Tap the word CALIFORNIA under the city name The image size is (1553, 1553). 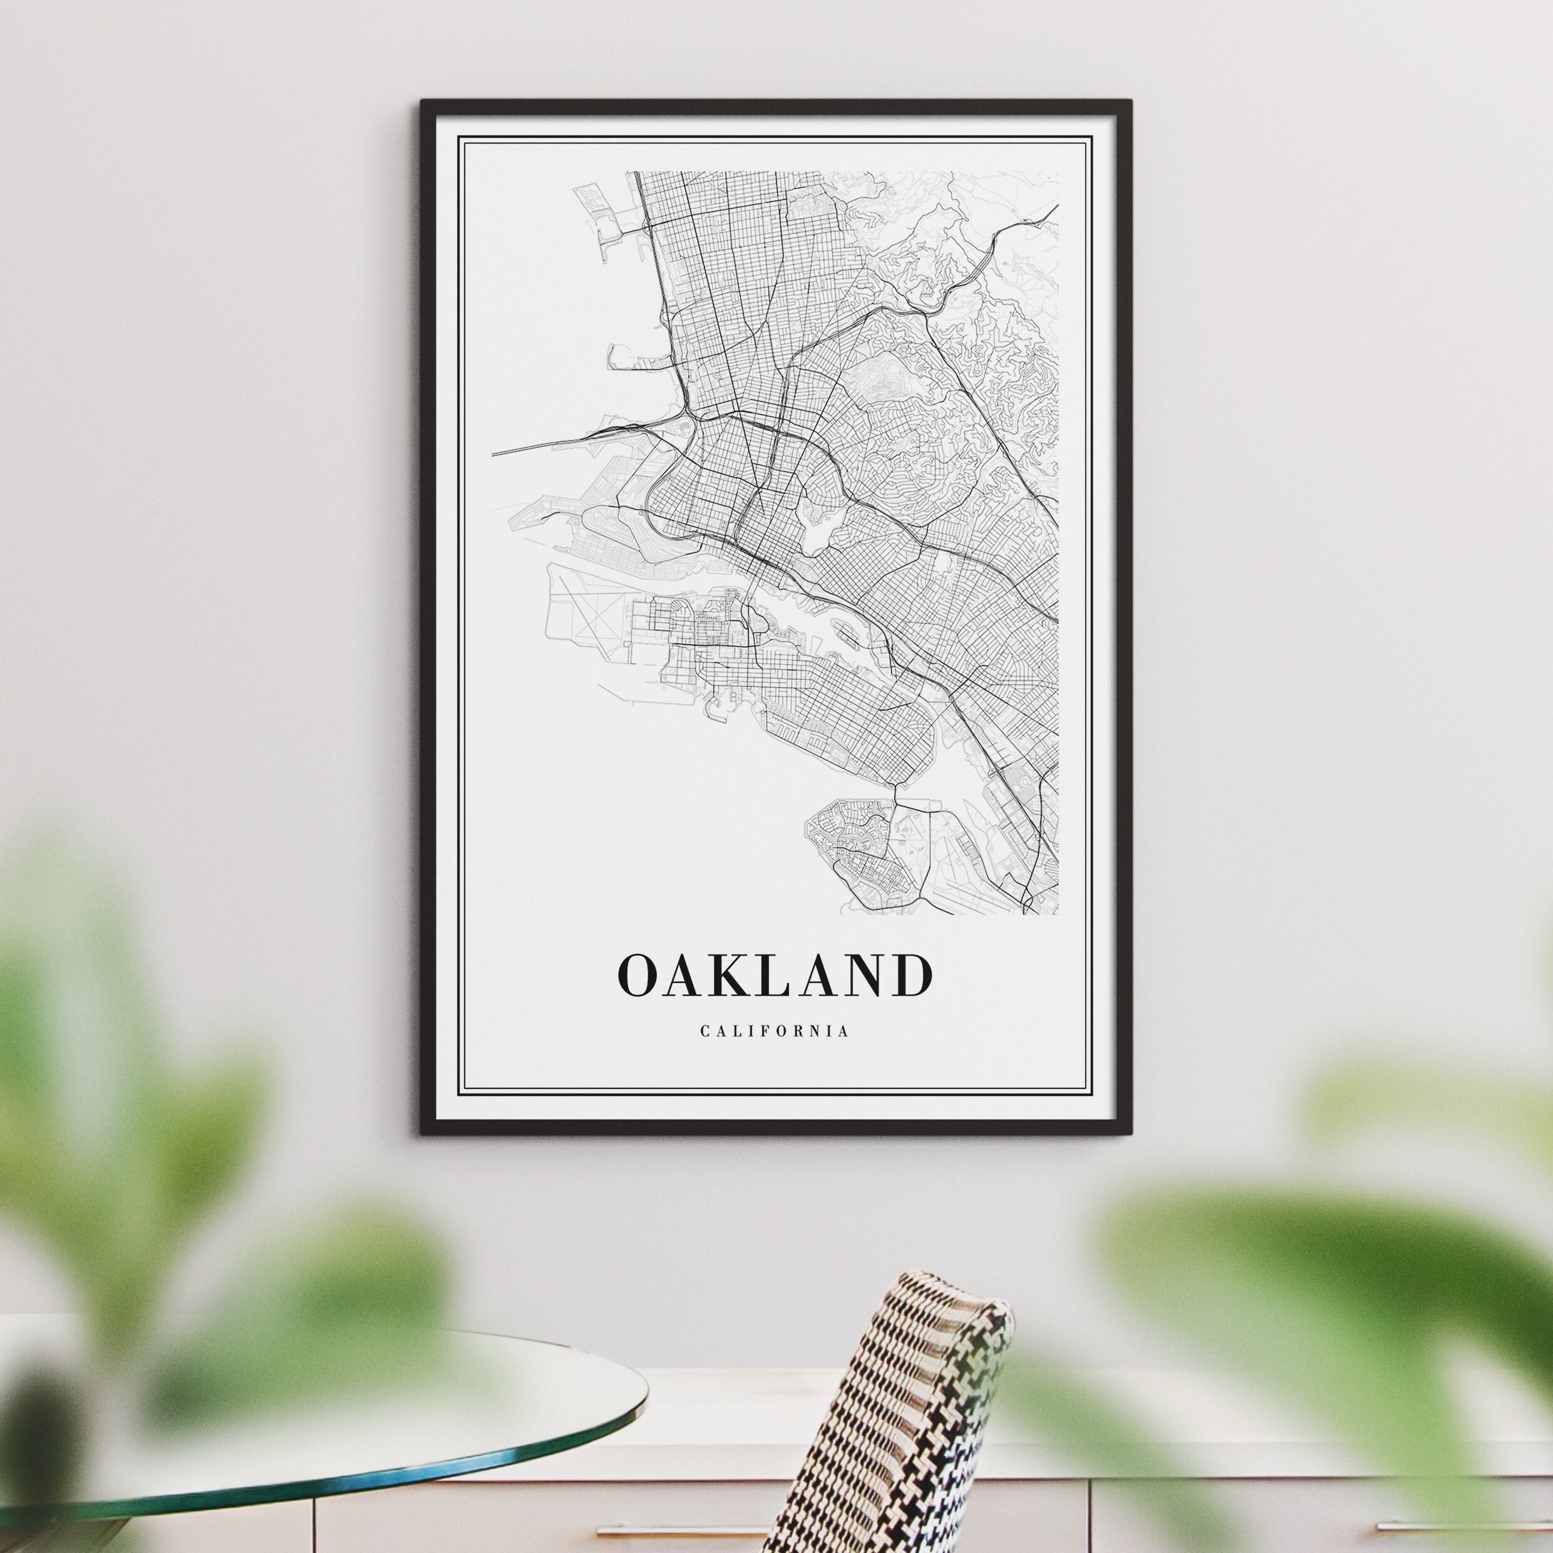pyautogui.click(x=775, y=1031)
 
